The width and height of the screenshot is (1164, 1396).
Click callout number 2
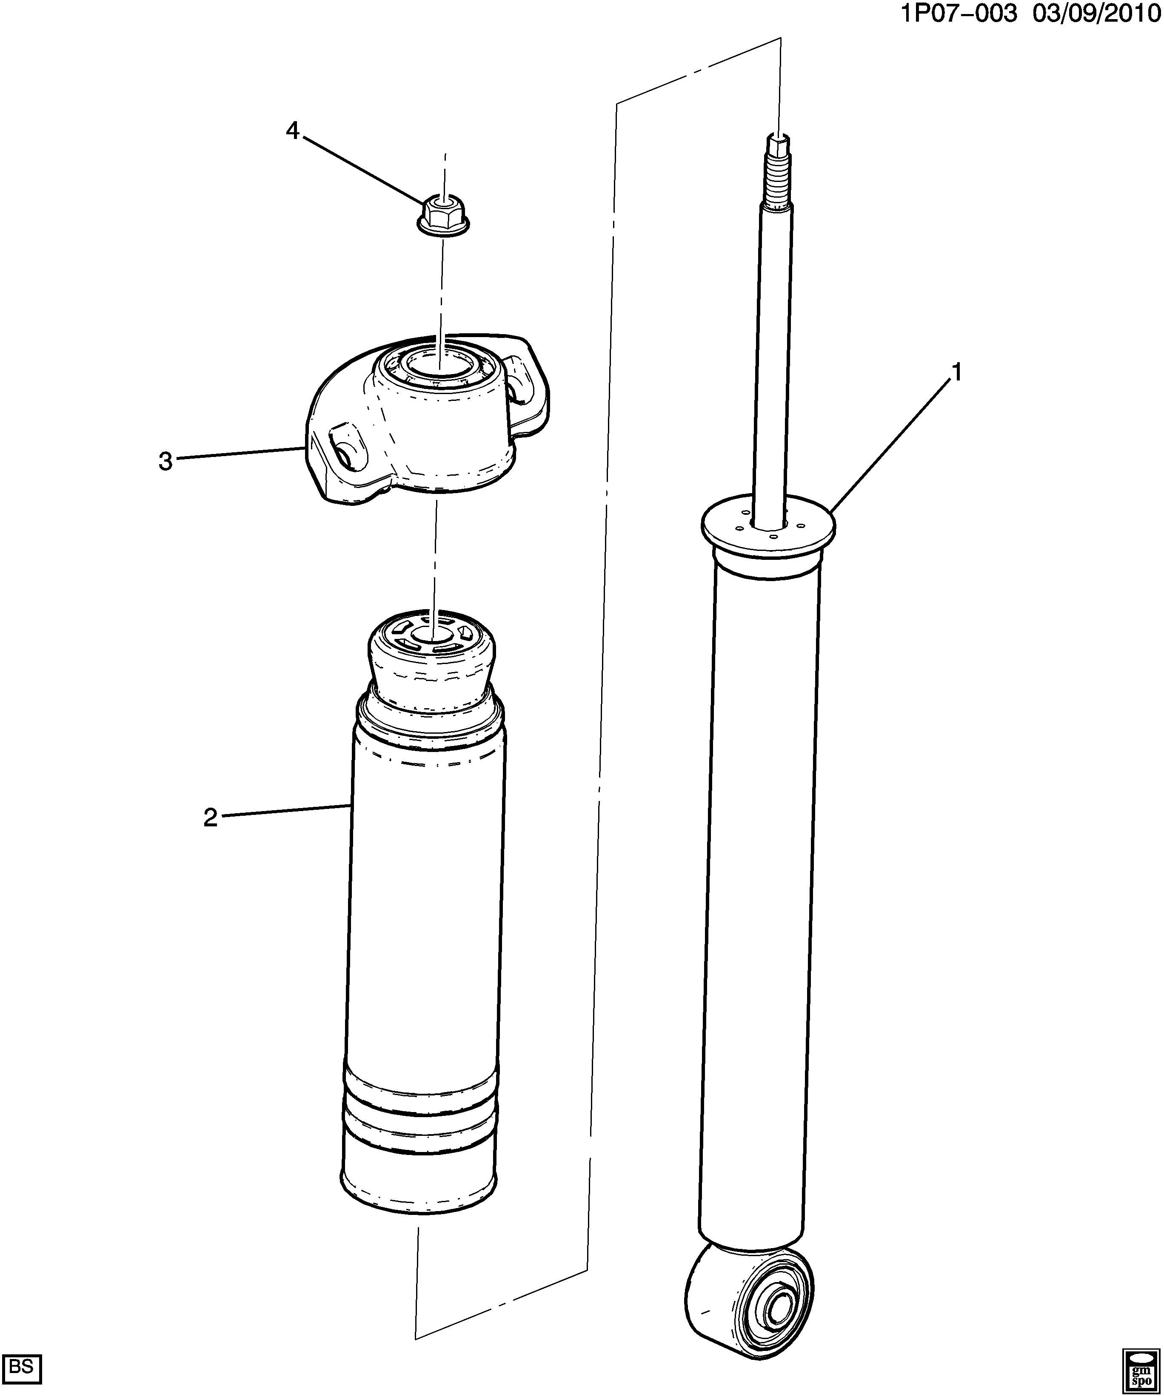(210, 817)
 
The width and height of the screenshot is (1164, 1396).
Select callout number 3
(165, 461)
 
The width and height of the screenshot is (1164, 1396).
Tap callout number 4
(293, 131)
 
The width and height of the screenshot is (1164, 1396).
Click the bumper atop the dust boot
(431, 658)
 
